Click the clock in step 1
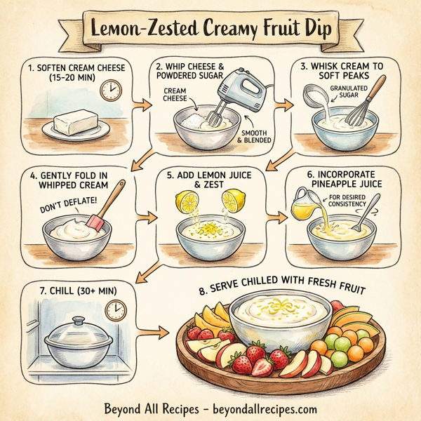(109, 90)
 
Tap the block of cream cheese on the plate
(75, 123)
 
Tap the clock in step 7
(116, 309)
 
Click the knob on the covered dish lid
(79, 320)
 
